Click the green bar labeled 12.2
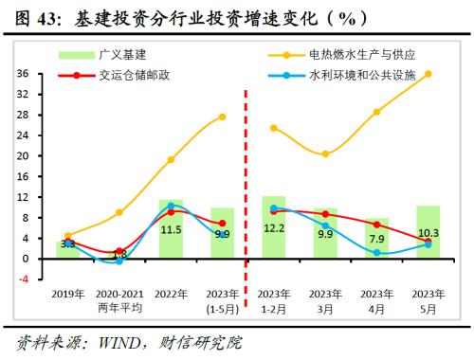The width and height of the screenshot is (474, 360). pyautogui.click(x=274, y=227)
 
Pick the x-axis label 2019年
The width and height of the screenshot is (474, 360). pyautogui.click(x=67, y=294)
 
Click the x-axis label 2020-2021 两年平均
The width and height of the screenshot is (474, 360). pyautogui.click(x=118, y=299)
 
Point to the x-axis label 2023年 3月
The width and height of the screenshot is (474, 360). pyautogui.click(x=325, y=299)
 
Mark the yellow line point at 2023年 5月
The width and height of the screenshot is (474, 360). pyautogui.click(x=428, y=74)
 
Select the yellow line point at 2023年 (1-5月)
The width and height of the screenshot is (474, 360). pyautogui.click(x=222, y=117)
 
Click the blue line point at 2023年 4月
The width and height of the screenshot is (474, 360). pyautogui.click(x=376, y=252)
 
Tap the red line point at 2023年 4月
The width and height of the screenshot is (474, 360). pyautogui.click(x=376, y=225)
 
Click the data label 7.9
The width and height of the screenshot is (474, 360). pyautogui.click(x=377, y=239)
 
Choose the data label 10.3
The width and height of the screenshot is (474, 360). pyautogui.click(x=428, y=233)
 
